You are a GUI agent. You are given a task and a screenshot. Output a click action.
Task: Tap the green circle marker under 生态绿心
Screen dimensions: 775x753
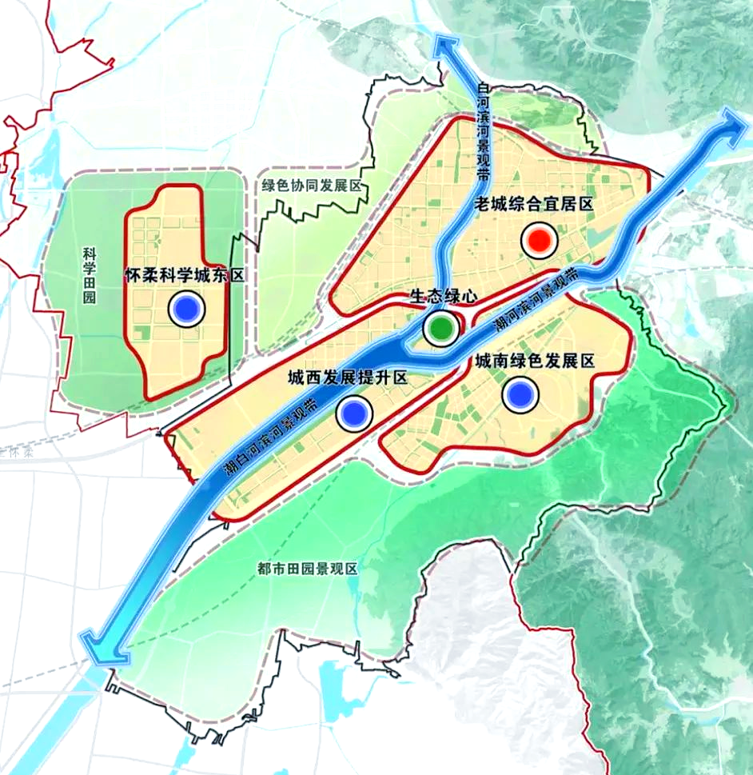click(440, 327)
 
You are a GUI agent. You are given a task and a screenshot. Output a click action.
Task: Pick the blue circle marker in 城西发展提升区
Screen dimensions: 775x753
click(354, 413)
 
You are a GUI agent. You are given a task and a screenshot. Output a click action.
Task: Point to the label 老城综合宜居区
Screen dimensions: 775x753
click(532, 204)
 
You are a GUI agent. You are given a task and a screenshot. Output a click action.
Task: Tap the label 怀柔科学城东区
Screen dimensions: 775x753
click(184, 275)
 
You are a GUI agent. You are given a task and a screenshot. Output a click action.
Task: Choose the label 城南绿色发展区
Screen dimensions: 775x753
click(535, 362)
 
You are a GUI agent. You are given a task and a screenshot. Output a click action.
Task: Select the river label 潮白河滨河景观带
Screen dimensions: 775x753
click(269, 441)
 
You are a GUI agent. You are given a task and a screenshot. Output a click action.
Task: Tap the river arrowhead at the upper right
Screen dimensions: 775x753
click(729, 122)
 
